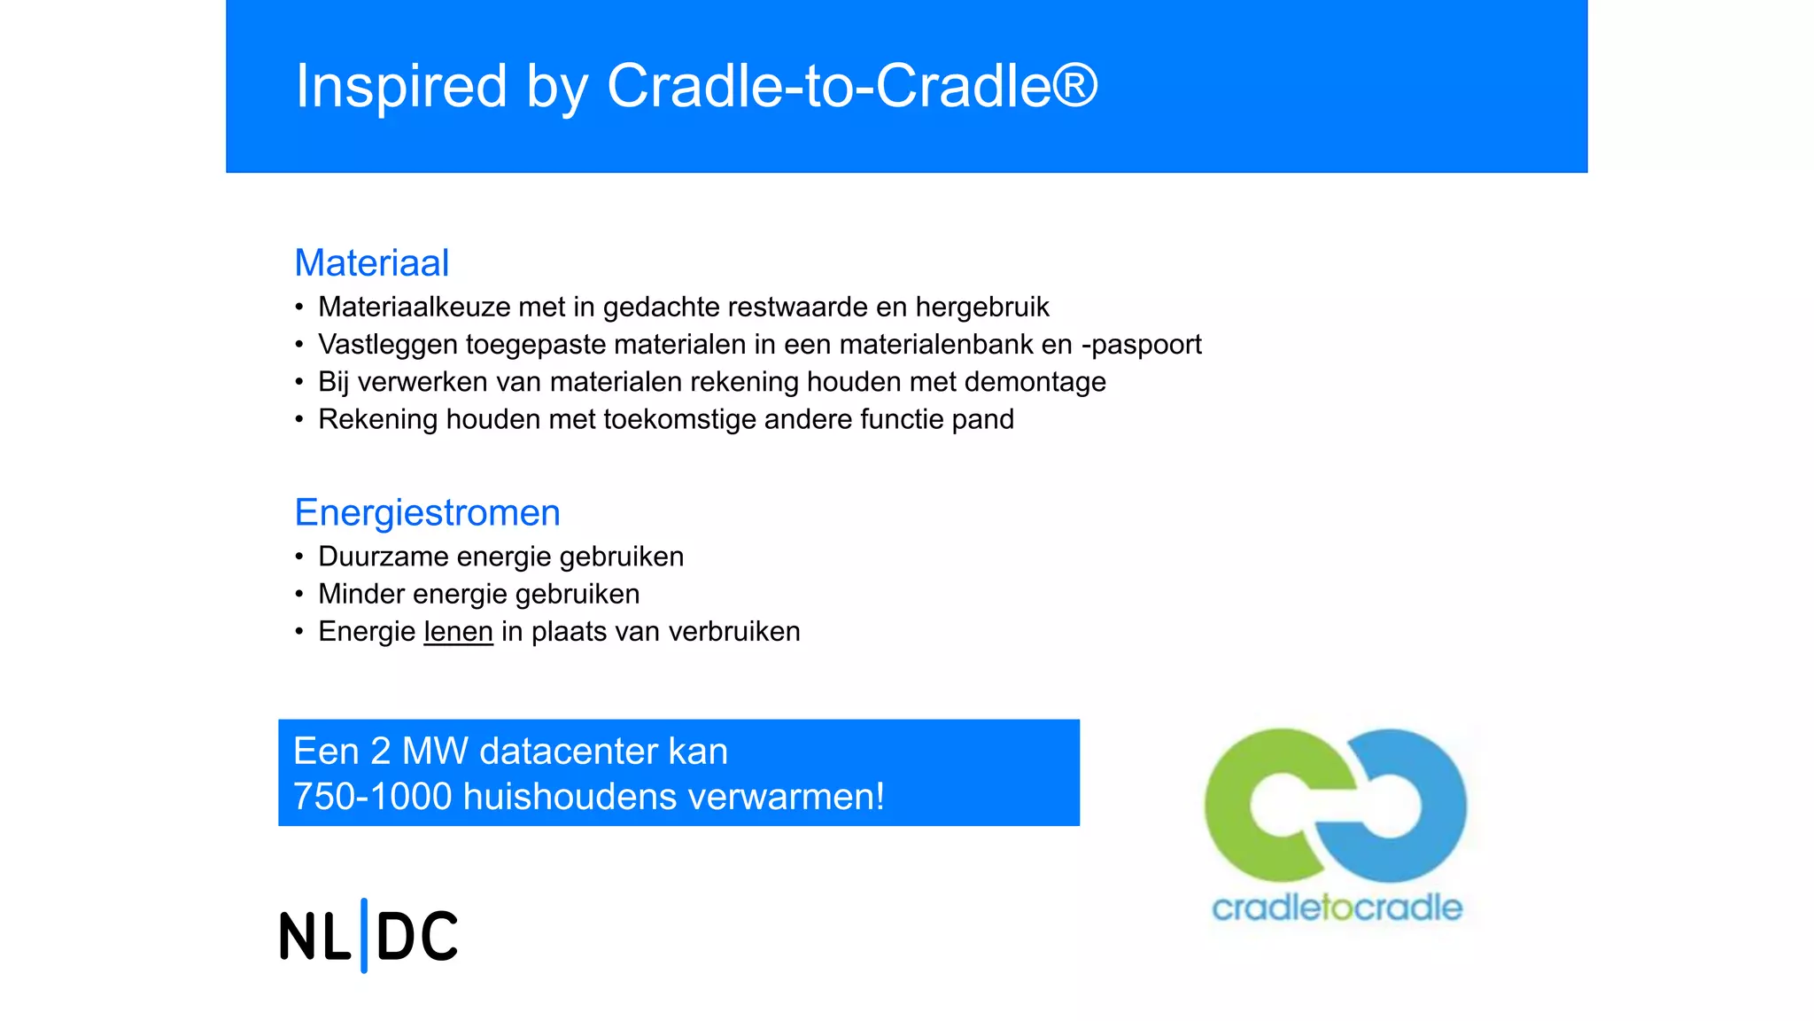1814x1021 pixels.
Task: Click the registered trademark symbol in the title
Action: [1074, 85]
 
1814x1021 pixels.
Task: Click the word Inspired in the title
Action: [400, 86]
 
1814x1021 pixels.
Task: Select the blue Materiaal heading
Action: [372, 263]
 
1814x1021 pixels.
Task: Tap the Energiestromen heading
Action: [427, 513]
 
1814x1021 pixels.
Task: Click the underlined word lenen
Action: [458, 631]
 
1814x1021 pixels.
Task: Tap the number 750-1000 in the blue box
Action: [372, 796]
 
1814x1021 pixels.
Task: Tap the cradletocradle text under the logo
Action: [1337, 908]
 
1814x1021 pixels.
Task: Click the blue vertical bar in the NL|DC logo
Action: [364, 935]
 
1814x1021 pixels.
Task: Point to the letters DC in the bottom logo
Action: [417, 937]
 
